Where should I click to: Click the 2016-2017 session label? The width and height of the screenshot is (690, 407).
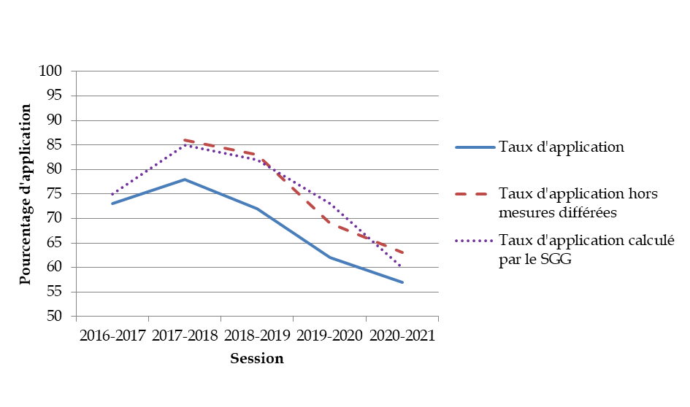112,336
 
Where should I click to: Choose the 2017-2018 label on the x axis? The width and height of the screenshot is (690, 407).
184,336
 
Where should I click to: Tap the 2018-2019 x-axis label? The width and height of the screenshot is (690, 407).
257,336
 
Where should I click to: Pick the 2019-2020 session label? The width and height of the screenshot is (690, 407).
329,336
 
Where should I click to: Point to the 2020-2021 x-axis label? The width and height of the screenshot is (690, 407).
402,336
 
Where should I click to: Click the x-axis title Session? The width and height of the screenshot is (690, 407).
257,359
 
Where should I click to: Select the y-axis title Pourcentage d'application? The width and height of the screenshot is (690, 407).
26,194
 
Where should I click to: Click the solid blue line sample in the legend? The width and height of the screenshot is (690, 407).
475,147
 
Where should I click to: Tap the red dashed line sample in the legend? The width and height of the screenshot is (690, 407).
475,194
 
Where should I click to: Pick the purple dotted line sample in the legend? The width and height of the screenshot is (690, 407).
475,241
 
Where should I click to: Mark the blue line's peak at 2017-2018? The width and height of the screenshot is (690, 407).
185,179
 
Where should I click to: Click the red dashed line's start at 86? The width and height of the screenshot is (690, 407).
185,140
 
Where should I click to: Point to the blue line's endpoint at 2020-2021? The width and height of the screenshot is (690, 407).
402,282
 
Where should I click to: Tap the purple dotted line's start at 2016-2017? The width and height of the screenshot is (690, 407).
112,194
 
